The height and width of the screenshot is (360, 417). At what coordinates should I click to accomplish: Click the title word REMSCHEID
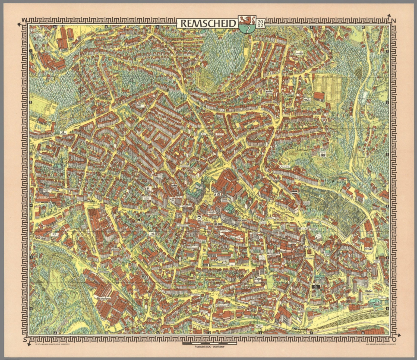point(208,23)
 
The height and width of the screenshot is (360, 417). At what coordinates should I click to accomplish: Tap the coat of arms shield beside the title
point(247,24)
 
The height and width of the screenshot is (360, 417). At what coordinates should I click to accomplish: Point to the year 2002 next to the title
point(260,23)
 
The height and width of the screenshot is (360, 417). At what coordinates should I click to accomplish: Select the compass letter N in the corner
point(394,21)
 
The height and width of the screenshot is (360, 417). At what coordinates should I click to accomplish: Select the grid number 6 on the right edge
point(387,309)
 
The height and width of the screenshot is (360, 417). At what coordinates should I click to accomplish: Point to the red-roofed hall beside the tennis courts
point(319,96)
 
